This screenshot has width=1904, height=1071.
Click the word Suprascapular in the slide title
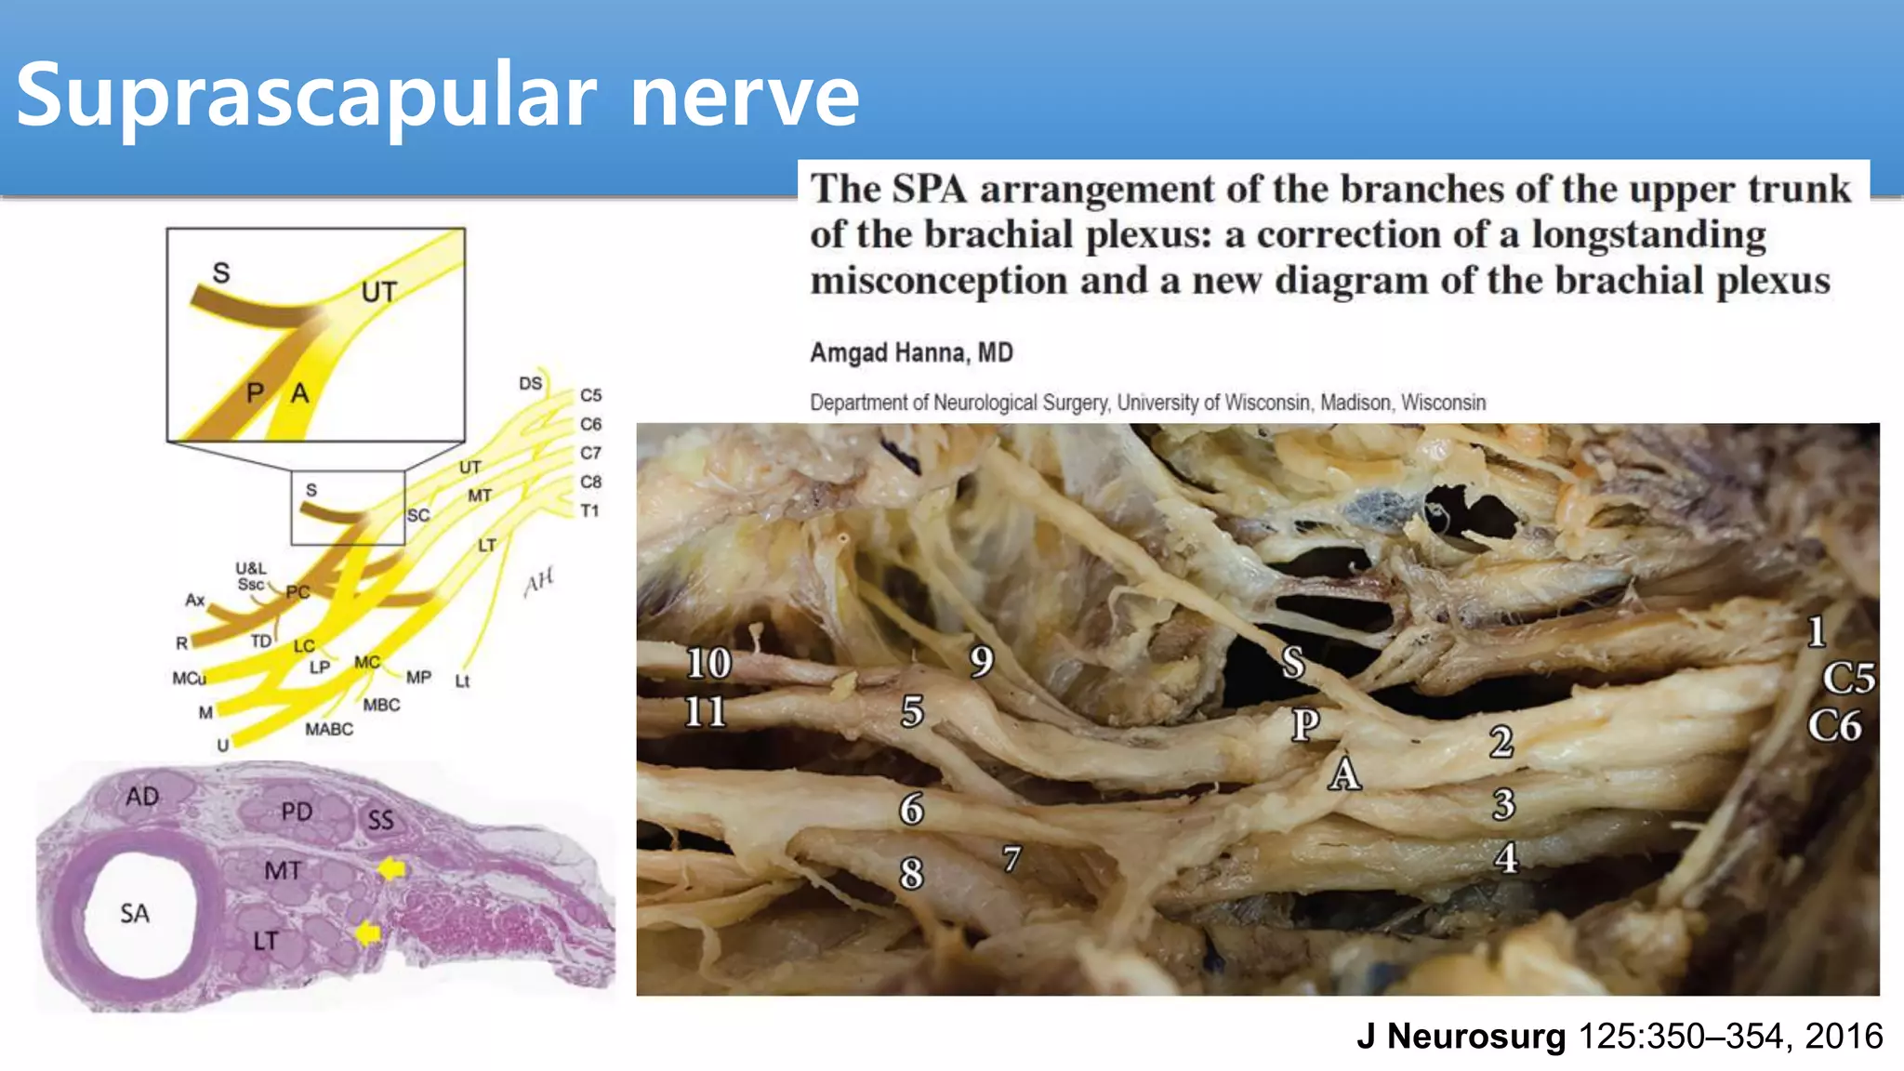pyautogui.click(x=307, y=96)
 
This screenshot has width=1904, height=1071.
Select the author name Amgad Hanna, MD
pyautogui.click(x=911, y=353)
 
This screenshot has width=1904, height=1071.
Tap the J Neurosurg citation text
pyautogui.click(x=1620, y=1036)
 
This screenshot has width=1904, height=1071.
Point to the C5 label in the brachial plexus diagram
pyautogui.click(x=591, y=395)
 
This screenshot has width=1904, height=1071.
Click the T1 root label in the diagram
pyautogui.click(x=589, y=510)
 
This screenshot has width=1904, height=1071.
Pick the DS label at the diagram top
pyautogui.click(x=530, y=383)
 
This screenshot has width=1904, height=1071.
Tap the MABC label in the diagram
pyautogui.click(x=329, y=730)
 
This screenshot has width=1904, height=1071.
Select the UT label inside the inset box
pyautogui.click(x=378, y=293)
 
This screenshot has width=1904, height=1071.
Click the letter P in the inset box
pyautogui.click(x=255, y=393)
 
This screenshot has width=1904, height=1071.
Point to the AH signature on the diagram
pyautogui.click(x=538, y=582)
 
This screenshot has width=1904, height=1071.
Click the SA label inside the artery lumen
pyautogui.click(x=135, y=914)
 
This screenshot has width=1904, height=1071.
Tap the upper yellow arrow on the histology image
pyautogui.click(x=391, y=868)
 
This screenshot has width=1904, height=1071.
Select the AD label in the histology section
pyautogui.click(x=142, y=797)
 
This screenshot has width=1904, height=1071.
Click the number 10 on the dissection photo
pyautogui.click(x=708, y=664)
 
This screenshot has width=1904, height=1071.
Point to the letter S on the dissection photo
pyautogui.click(x=1293, y=663)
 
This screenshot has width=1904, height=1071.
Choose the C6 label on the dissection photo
pyautogui.click(x=1834, y=726)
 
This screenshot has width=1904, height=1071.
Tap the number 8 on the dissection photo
pyautogui.click(x=912, y=874)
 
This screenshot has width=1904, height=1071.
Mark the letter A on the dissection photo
pyautogui.click(x=1344, y=773)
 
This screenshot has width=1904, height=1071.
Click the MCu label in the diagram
pyautogui.click(x=189, y=679)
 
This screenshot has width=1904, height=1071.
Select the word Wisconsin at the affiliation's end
pyautogui.click(x=1443, y=403)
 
